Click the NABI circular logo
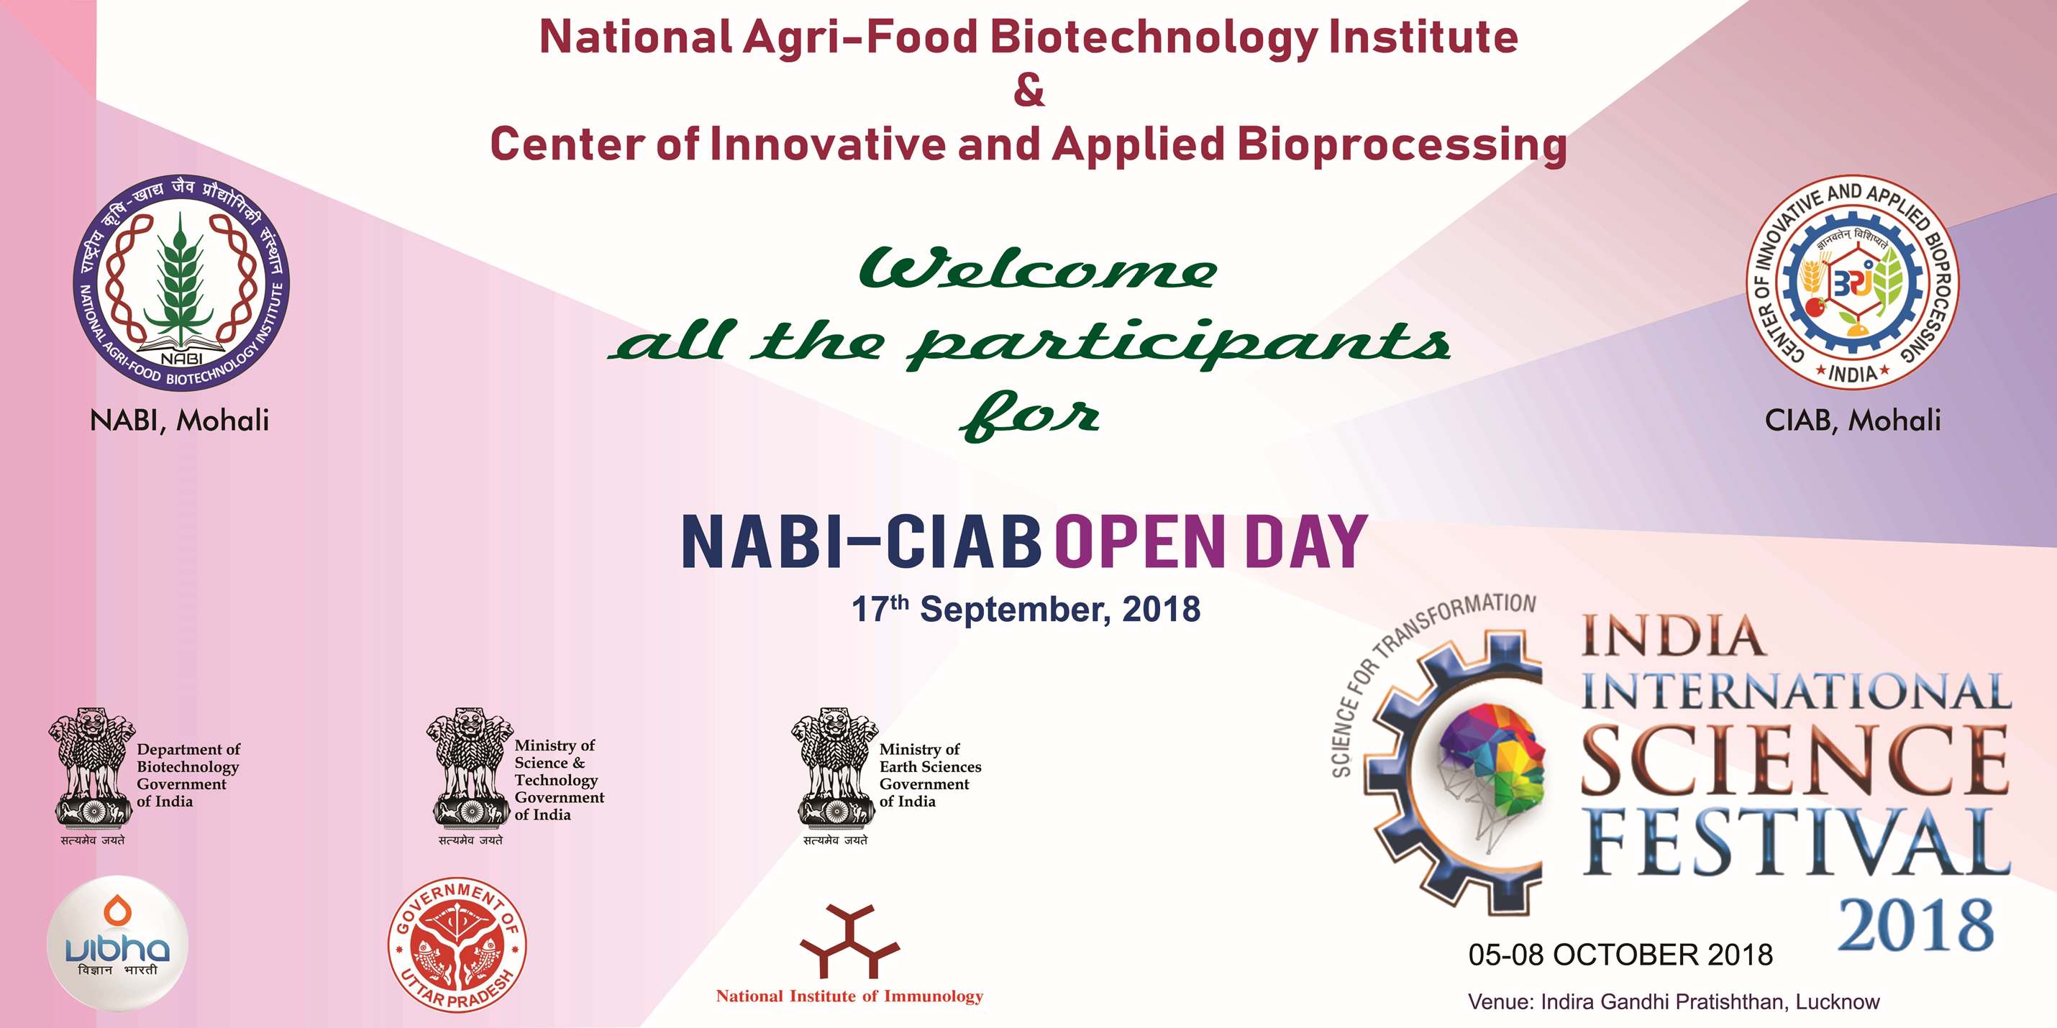181,283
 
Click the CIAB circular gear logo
1852,283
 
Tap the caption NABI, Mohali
180,421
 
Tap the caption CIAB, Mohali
1853,421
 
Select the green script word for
1030,415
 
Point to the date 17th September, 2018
1026,609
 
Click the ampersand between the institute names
1028,90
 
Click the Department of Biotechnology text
188,775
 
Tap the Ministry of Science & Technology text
559,780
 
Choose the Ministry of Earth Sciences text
930,775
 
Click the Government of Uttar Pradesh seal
457,945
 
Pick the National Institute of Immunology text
849,996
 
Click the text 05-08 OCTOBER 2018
1621,955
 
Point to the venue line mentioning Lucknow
1674,1002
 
